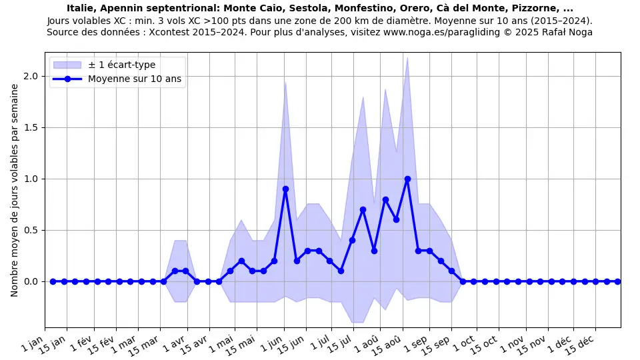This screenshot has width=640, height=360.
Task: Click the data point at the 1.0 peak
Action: click(407, 179)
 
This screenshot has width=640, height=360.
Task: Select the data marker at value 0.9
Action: click(285, 189)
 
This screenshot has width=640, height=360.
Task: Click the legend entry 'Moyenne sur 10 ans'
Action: click(135, 79)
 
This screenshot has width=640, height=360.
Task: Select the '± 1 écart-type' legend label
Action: click(122, 65)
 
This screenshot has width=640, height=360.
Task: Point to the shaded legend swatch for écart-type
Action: click(67, 65)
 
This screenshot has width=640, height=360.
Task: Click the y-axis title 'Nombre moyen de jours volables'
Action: click(15, 190)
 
